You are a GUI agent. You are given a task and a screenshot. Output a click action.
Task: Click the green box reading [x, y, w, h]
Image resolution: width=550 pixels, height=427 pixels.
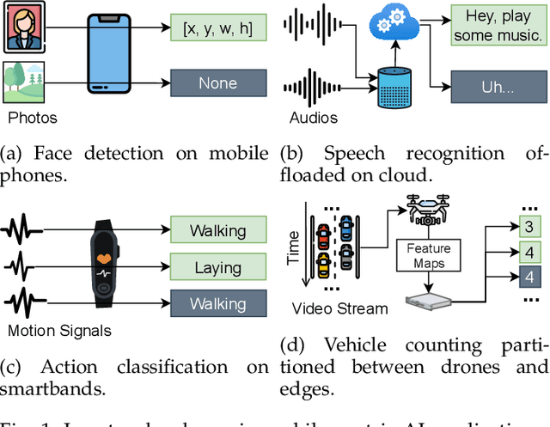[x=217, y=28]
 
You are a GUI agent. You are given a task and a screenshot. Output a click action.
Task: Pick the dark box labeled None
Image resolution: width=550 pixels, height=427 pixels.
[x=217, y=83]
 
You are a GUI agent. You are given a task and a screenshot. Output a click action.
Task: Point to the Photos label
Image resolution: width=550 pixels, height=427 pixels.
[x=32, y=118]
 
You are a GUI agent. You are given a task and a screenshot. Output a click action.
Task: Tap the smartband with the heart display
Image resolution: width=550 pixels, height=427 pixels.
[x=103, y=265]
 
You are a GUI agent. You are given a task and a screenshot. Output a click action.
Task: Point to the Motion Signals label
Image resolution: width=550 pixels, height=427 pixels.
[x=60, y=329]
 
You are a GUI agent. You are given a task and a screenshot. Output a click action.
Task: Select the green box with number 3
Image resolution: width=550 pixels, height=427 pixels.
[x=529, y=226]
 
